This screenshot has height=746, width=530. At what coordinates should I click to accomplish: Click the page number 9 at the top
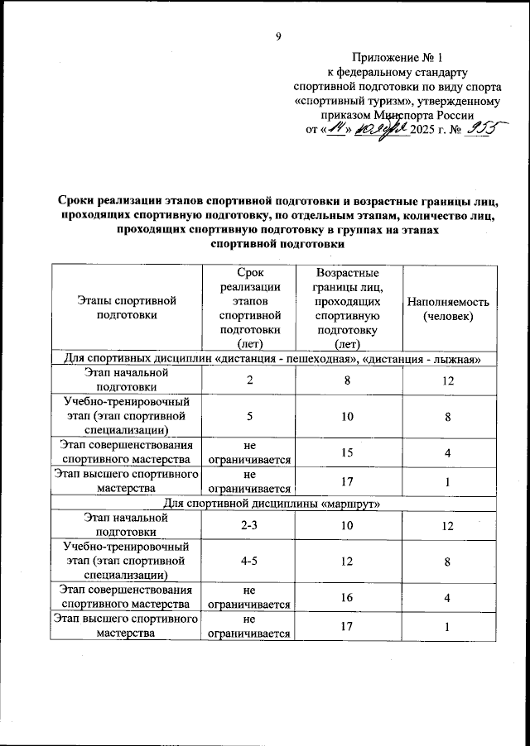pos(279,36)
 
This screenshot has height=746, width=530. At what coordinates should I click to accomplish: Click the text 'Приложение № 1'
pos(397,58)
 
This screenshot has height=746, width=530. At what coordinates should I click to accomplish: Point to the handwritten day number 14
pos(334,130)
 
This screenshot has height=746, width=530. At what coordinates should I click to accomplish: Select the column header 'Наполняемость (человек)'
pos(448,308)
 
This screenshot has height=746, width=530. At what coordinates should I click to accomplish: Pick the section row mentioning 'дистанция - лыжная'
pos(267,358)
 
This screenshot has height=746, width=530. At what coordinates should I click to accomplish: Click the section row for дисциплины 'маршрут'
pos(267,504)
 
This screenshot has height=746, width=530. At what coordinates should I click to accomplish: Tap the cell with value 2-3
pos(247,526)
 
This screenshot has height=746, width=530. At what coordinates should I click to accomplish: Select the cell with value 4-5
pos(247,561)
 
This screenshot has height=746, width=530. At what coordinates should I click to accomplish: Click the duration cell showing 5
pos(247,416)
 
